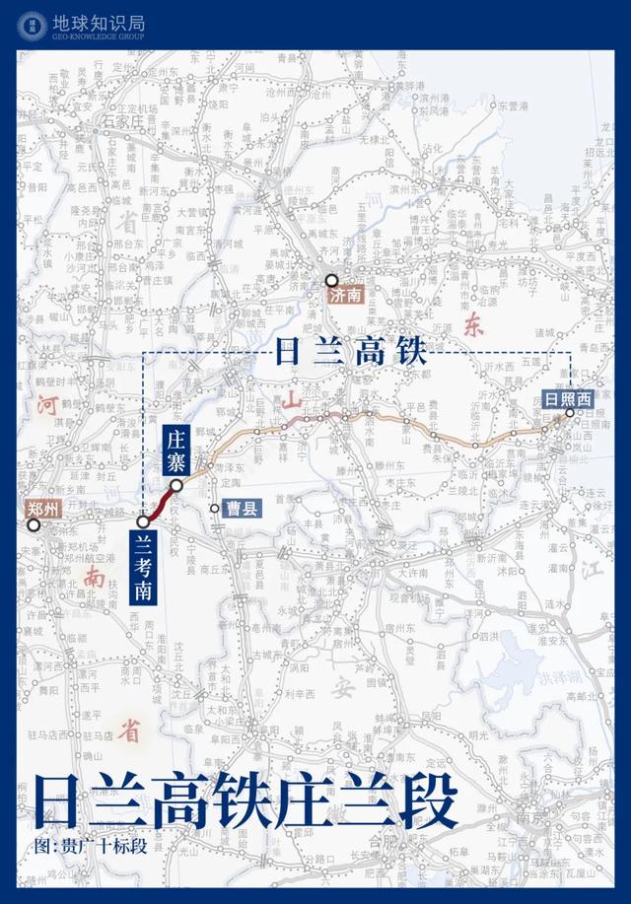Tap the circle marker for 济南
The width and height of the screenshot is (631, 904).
pyautogui.click(x=331, y=280)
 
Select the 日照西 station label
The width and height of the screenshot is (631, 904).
pyautogui.click(x=568, y=399)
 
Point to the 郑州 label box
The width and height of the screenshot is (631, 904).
pyautogui.click(x=44, y=509)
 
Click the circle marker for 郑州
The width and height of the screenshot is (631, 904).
pyautogui.click(x=35, y=525)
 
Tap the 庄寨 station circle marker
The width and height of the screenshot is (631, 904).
pyautogui.click(x=176, y=485)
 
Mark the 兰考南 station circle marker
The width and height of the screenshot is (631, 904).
pyautogui.click(x=144, y=521)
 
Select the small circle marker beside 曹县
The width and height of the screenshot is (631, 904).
pyautogui.click(x=215, y=509)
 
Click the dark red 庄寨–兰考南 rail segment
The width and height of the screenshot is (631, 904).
pyautogui.click(x=160, y=503)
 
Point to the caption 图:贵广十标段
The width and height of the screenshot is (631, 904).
pyautogui.click(x=83, y=847)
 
